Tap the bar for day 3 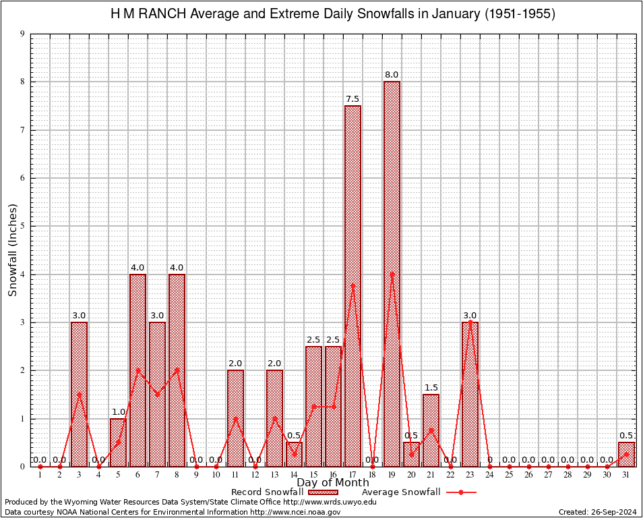pyautogui.click(x=79, y=394)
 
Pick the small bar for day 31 pyautogui.click(x=626, y=454)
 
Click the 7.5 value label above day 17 pyautogui.click(x=353, y=99)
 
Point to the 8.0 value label pyautogui.click(x=392, y=75)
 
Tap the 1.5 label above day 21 pyautogui.click(x=431, y=388)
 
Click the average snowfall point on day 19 pyautogui.click(x=392, y=274)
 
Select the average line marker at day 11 pyautogui.click(x=235, y=418)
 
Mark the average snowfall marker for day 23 pyautogui.click(x=470, y=322)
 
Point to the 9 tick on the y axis pyautogui.click(x=23, y=34)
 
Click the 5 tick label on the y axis pyautogui.click(x=23, y=226)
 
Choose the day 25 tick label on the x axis pyautogui.click(x=509, y=476)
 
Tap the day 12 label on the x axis pyautogui.click(x=255, y=476)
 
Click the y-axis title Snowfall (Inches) pyautogui.click(x=12, y=250)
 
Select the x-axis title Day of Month pyautogui.click(x=332, y=482)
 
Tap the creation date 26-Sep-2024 pyautogui.click(x=614, y=512)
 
